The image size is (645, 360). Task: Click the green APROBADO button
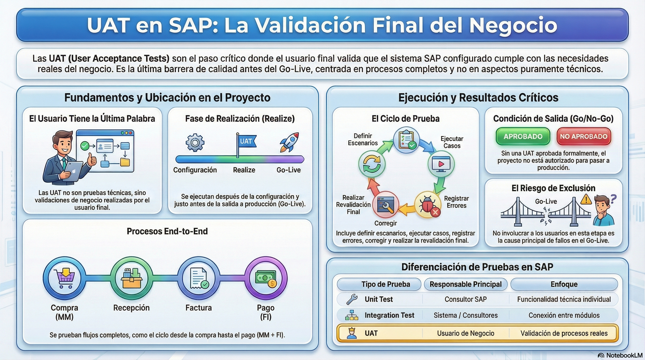click(523, 136)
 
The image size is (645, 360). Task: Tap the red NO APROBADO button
click(584, 136)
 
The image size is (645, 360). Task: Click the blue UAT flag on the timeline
click(246, 141)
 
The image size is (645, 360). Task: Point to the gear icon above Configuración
click(195, 142)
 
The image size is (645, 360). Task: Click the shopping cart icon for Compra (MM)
click(64, 278)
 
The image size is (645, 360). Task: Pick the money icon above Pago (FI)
click(266, 278)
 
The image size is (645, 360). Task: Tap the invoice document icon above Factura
click(199, 278)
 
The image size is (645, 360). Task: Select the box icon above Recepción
click(131, 278)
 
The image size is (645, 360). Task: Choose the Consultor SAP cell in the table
click(465, 299)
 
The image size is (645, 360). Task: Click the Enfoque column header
click(564, 284)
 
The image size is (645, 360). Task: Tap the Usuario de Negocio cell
click(465, 333)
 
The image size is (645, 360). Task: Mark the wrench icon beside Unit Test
click(352, 299)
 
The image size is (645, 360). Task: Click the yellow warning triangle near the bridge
click(586, 199)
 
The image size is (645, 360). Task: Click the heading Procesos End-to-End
click(167, 231)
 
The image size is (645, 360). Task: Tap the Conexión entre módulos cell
click(564, 315)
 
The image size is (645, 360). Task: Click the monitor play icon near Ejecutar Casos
click(441, 164)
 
